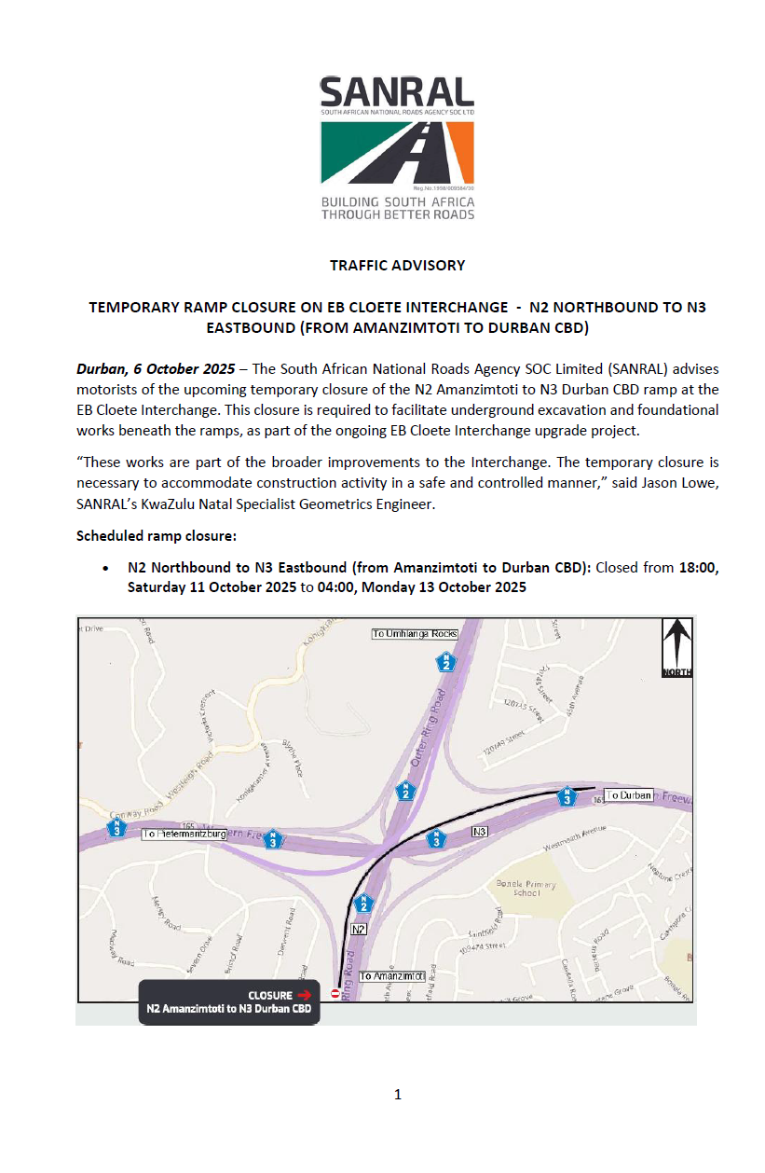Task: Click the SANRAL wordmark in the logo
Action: click(397, 91)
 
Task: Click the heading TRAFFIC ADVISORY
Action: click(397, 265)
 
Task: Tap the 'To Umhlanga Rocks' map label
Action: click(416, 634)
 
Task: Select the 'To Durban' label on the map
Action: click(629, 795)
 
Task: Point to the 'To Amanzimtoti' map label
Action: click(392, 975)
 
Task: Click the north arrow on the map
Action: click(677, 645)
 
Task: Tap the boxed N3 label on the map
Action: click(481, 831)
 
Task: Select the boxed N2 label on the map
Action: click(359, 929)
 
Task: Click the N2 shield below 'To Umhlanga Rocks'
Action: click(448, 661)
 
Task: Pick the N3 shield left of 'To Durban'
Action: click(566, 797)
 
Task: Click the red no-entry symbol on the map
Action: click(335, 994)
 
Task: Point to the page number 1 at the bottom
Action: click(398, 1095)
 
